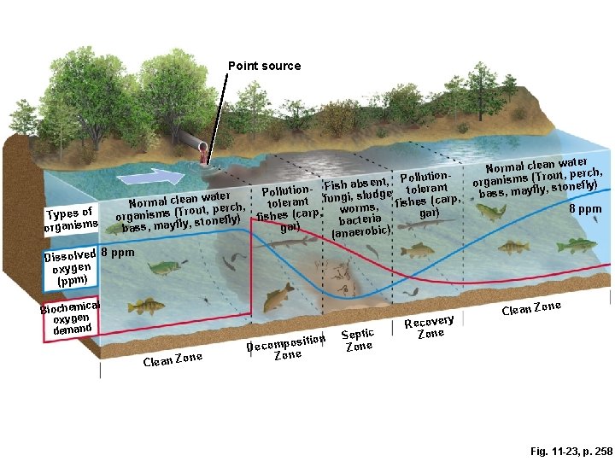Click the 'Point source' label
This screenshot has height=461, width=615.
pos(264,66)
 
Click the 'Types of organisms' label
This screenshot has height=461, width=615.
pos(70,219)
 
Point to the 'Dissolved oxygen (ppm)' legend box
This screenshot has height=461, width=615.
pos(71,266)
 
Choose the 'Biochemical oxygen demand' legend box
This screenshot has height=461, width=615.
pos(72,318)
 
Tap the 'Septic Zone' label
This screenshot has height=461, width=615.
pos(358,339)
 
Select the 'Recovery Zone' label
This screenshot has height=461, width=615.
pos(429,327)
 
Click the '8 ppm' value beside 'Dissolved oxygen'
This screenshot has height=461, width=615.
pos(118,253)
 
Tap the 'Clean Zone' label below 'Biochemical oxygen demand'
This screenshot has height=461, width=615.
pos(173,359)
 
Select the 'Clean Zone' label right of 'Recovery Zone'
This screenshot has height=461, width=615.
pos(530,308)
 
